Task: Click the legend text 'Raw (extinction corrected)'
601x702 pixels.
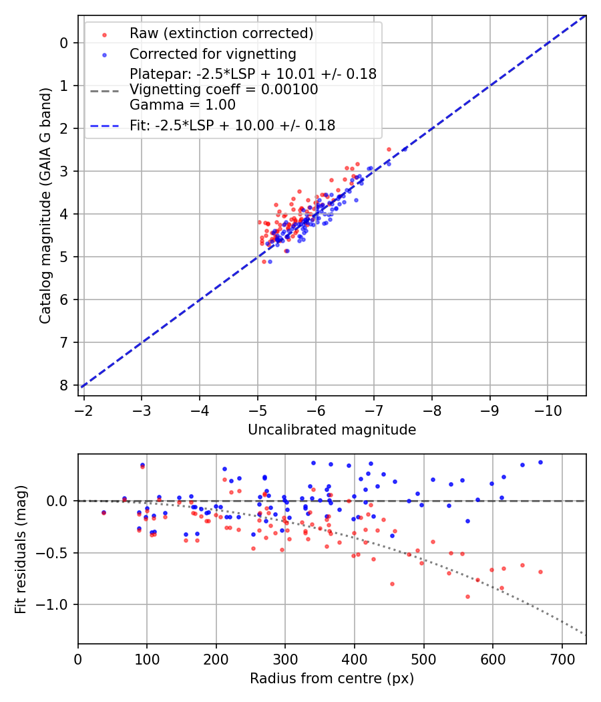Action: click(221, 33)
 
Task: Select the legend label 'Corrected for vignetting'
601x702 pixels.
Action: click(213, 53)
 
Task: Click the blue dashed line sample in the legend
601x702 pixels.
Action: click(104, 125)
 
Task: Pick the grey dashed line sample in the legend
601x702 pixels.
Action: click(104, 90)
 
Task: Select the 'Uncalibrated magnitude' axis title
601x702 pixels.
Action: click(332, 430)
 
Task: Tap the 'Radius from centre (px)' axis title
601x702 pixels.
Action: click(332, 679)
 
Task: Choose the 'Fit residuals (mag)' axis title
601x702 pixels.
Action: click(21, 549)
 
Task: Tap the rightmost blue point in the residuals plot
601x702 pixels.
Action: click(540, 462)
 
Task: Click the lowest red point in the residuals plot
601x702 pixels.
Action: click(467, 596)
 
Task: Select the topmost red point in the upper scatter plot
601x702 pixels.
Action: click(389, 150)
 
